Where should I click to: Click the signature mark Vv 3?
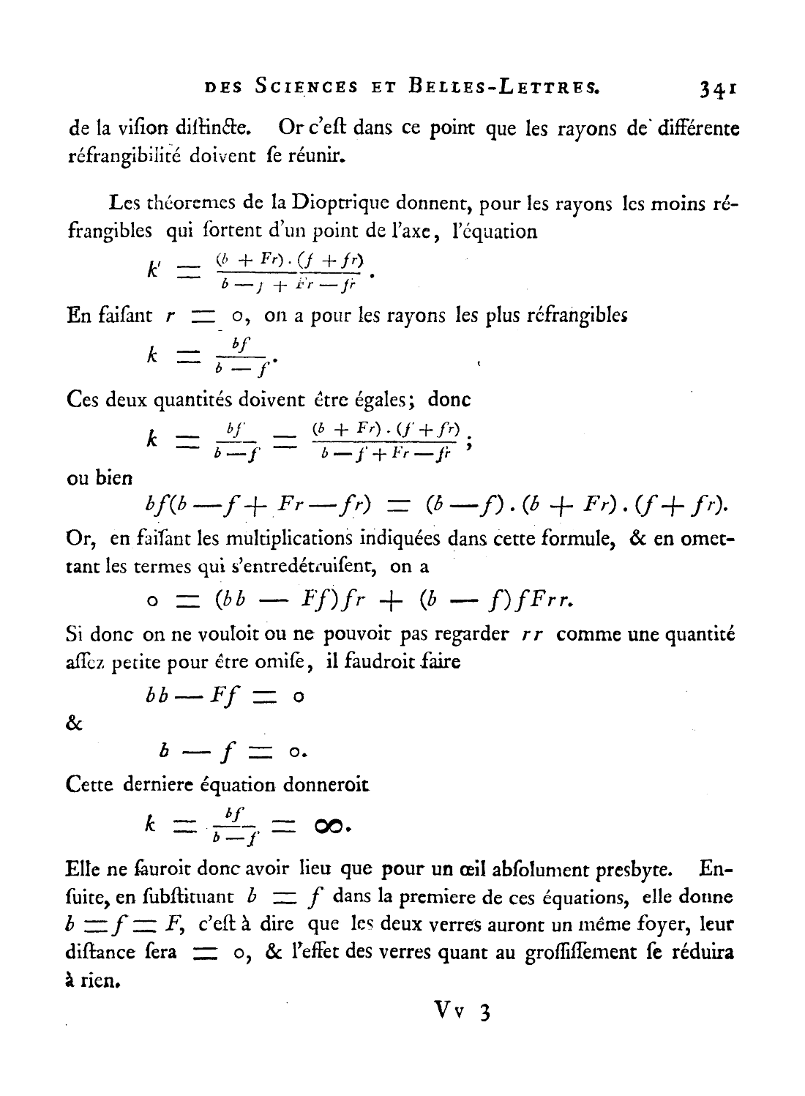[460, 1012]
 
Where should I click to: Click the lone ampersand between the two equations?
[74, 723]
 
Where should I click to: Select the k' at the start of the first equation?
[154, 272]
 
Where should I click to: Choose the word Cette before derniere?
[89, 786]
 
